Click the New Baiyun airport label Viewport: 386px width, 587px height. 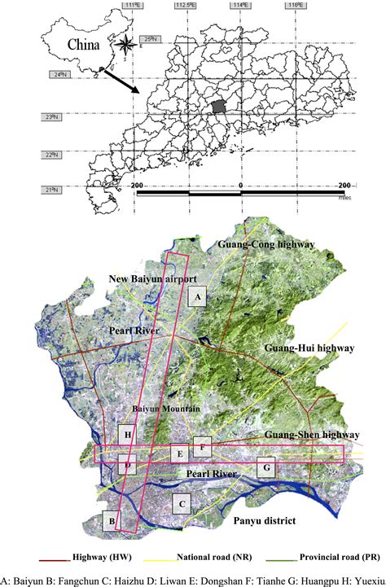[155, 279]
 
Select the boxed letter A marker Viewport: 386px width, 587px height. [196, 298]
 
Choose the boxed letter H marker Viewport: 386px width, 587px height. [128, 436]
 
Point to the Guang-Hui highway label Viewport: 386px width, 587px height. [310, 348]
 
